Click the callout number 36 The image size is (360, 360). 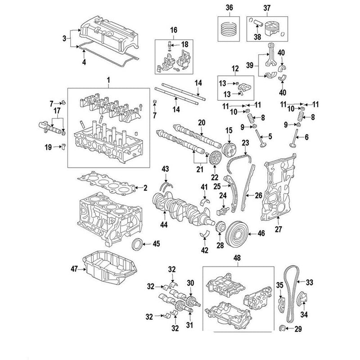[229, 7]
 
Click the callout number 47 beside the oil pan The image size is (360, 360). [74, 269]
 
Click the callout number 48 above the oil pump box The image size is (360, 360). [238, 257]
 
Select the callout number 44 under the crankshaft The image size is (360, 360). [165, 224]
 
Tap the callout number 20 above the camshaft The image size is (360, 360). [201, 122]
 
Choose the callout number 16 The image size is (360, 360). [173, 30]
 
